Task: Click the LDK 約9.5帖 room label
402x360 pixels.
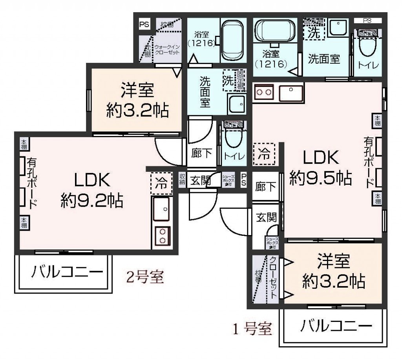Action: point(320,168)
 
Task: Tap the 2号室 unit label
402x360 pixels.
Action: point(144,277)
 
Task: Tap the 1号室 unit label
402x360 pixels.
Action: point(252,328)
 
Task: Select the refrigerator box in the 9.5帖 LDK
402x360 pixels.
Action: point(264,154)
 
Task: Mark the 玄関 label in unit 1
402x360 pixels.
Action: point(266,217)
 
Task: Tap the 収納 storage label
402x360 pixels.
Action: point(182,180)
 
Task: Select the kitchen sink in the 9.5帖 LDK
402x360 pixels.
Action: point(291,93)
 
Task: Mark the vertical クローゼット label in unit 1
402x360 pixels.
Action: point(273,277)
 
